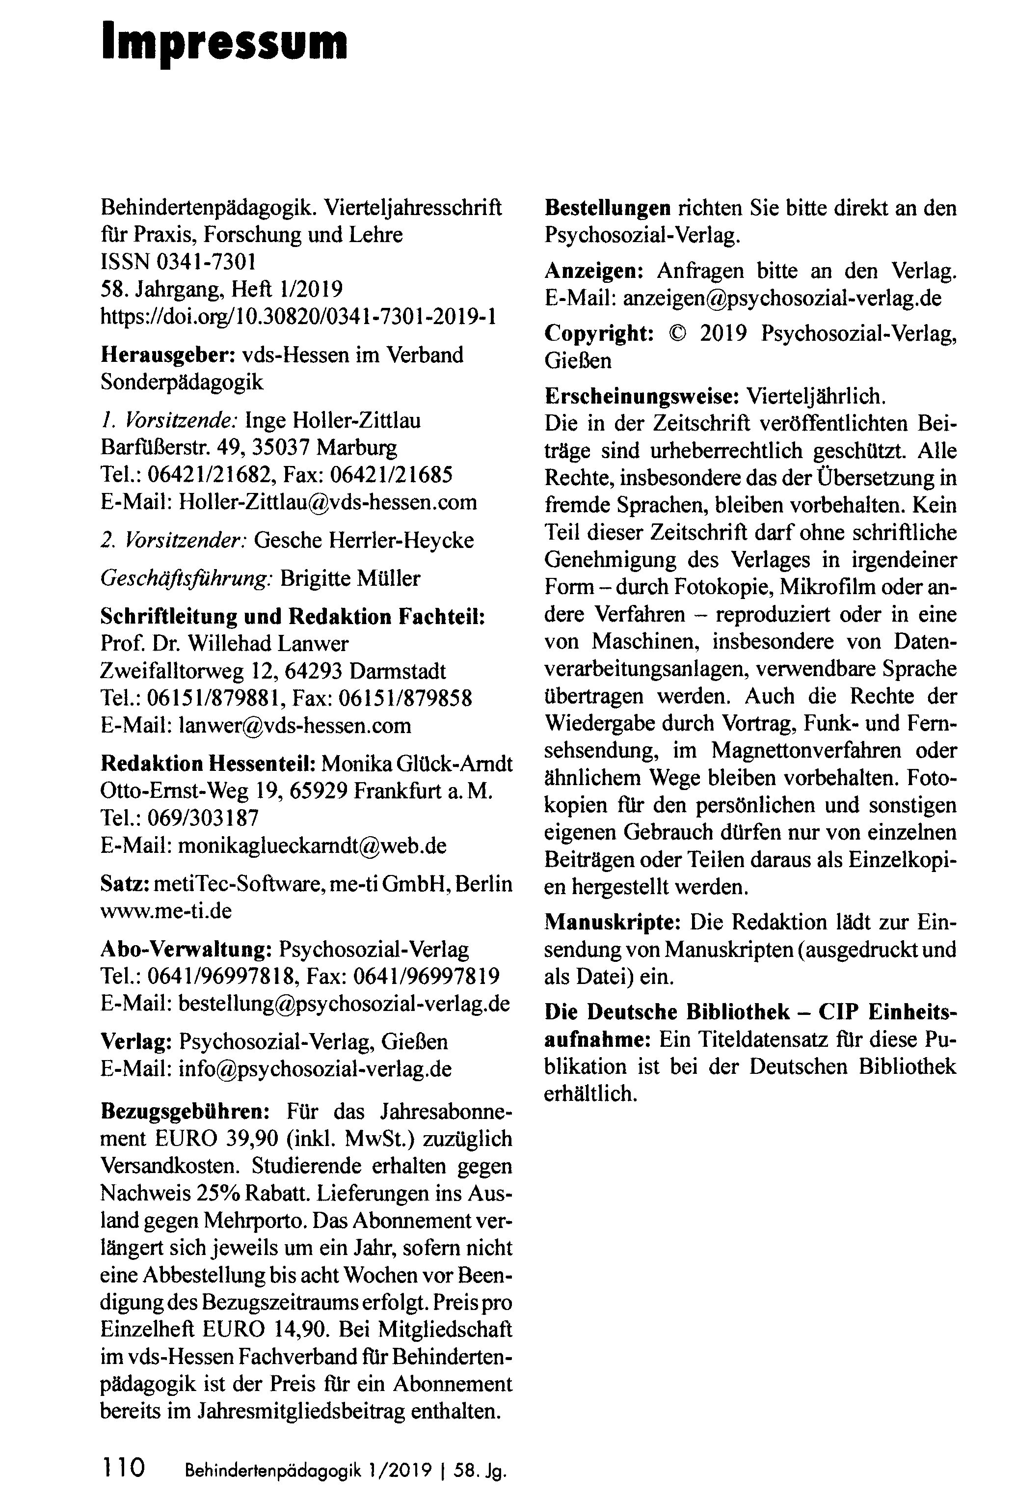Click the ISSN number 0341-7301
[x=203, y=262]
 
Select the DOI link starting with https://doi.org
[x=298, y=317]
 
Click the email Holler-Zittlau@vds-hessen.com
[x=327, y=502]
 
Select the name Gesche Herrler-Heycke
[x=364, y=540]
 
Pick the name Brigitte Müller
[x=350, y=578]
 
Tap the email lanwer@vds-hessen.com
[x=294, y=725]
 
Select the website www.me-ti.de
[x=166, y=911]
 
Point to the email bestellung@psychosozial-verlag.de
[x=344, y=1003]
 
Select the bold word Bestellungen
[x=607, y=208]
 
